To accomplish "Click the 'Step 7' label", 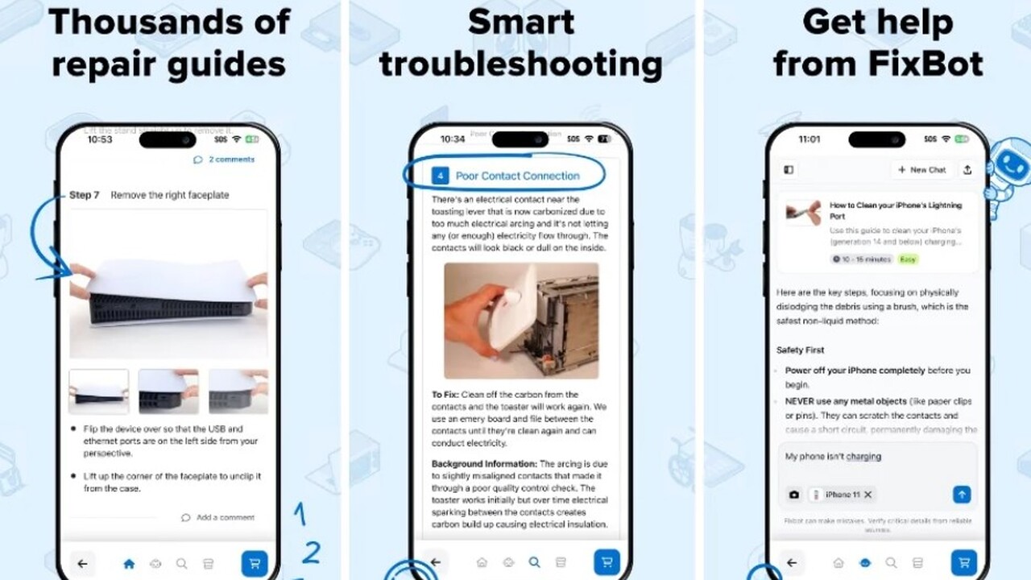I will [x=84, y=195].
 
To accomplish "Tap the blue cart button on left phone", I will [x=255, y=564].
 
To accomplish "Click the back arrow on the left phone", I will [x=82, y=564].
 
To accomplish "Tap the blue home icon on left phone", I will [x=129, y=564].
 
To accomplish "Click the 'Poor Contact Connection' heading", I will [x=517, y=176].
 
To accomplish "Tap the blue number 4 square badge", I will [x=440, y=176].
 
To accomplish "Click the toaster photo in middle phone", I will [x=521, y=320].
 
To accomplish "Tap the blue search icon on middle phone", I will [x=534, y=562].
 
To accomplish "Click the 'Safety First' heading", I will [x=800, y=350].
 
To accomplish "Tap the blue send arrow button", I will [x=962, y=495].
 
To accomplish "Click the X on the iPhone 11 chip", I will [x=867, y=495].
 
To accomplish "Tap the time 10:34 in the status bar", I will [x=453, y=139].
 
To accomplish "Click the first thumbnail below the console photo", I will [x=98, y=391].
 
